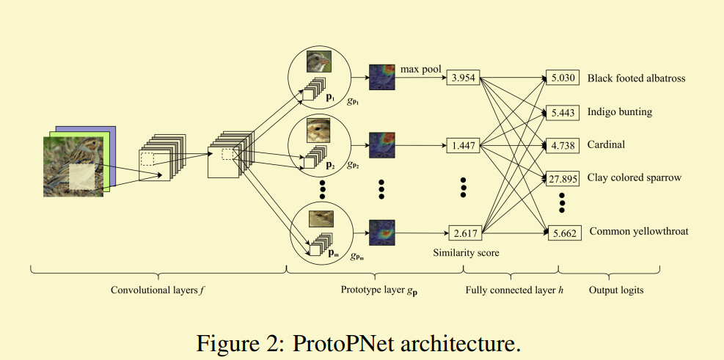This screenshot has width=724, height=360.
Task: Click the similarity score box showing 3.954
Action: click(x=463, y=78)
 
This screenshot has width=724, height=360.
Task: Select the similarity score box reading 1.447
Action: click(x=463, y=146)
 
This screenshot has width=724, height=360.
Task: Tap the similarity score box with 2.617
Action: click(x=465, y=233)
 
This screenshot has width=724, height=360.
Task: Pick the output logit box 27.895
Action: click(x=563, y=179)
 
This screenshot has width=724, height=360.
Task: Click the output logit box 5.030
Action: click(x=563, y=78)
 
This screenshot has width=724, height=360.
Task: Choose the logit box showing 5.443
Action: click(x=563, y=113)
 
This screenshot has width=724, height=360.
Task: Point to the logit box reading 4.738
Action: click(x=563, y=146)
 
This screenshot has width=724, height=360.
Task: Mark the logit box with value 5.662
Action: click(x=564, y=233)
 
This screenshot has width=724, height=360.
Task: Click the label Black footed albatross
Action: click(x=636, y=78)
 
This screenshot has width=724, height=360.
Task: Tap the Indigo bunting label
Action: click(x=620, y=112)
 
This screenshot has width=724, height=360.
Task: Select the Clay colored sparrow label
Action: click(x=635, y=177)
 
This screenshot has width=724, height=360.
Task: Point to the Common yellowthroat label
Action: click(x=639, y=231)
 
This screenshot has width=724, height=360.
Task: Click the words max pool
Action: click(x=420, y=69)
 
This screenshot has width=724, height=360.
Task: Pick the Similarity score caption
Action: click(x=466, y=253)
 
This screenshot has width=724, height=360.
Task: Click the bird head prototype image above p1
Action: click(x=319, y=62)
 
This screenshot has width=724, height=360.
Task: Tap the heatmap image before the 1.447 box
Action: click(x=382, y=145)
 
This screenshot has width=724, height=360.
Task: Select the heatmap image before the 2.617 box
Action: click(x=382, y=232)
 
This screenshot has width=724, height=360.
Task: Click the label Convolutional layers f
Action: click(x=158, y=290)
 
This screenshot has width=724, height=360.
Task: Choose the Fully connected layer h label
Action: click(x=514, y=290)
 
